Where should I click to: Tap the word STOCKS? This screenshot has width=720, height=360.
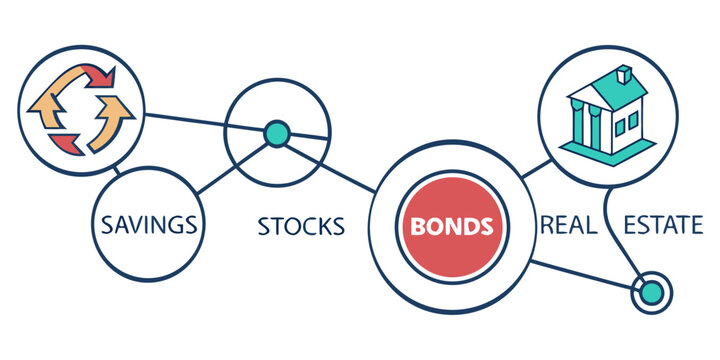301,226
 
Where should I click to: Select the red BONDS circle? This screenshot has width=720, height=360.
449,225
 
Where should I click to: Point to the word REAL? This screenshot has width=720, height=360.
568,225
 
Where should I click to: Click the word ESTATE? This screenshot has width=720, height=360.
663,225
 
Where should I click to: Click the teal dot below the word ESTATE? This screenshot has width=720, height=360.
651,292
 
